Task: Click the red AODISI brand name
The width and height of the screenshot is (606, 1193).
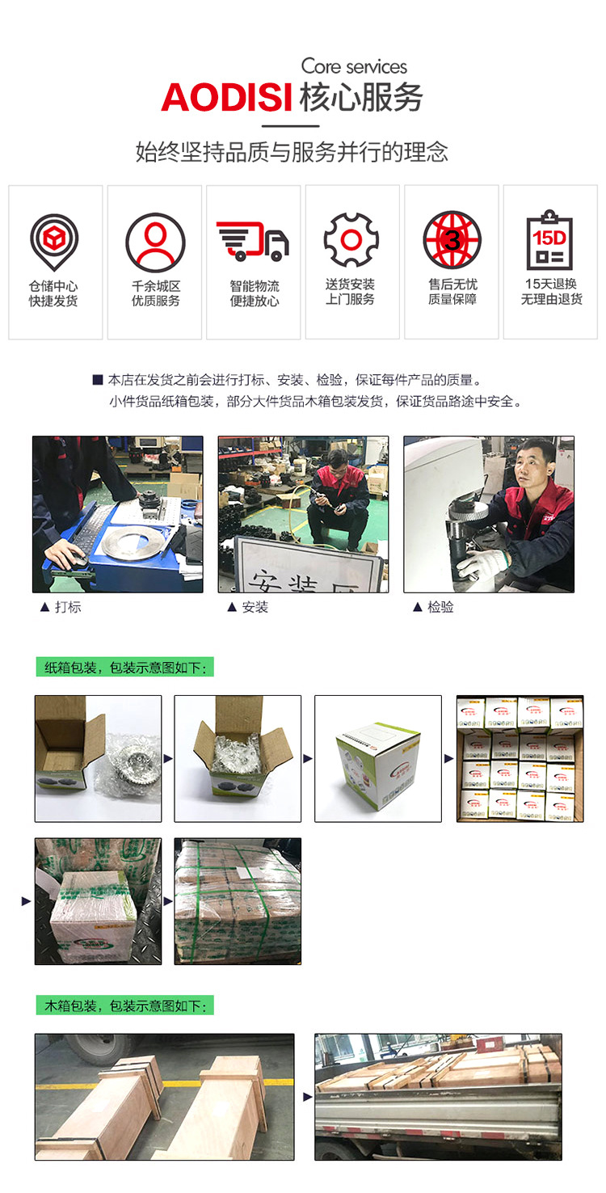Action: (225, 98)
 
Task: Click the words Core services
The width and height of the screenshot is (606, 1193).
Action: (354, 66)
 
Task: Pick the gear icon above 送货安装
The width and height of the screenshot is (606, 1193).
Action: (351, 240)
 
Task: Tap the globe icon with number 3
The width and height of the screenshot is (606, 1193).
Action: (452, 240)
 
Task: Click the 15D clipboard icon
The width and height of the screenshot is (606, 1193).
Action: (549, 240)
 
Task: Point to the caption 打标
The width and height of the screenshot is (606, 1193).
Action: (68, 607)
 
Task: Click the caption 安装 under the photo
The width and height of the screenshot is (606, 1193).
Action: (255, 607)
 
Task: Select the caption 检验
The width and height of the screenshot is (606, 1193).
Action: (440, 607)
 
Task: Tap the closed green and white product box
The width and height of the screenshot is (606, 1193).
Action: (377, 763)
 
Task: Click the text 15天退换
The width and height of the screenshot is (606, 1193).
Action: (550, 284)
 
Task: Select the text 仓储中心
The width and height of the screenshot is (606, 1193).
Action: (54, 285)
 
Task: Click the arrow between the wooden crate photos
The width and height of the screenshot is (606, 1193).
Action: (307, 1097)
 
